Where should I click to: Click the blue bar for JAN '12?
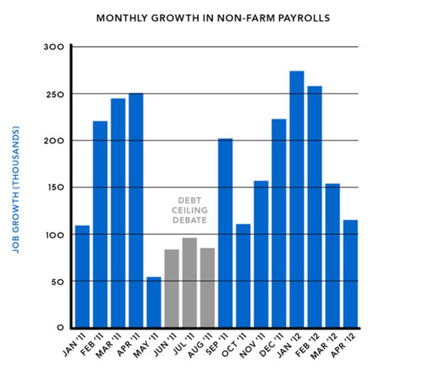pos(297,199)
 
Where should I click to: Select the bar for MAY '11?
pos(153,302)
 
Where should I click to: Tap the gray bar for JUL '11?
pos(189,282)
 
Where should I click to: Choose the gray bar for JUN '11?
pos(171,288)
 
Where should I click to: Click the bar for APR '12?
pos(350,274)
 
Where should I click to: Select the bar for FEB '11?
pos(100,224)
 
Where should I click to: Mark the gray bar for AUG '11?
pos(207,287)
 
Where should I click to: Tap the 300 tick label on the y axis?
pos(54,47)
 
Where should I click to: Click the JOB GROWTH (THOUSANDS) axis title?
pos(16,190)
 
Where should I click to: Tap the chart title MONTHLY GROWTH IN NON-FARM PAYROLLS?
pos(213,18)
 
